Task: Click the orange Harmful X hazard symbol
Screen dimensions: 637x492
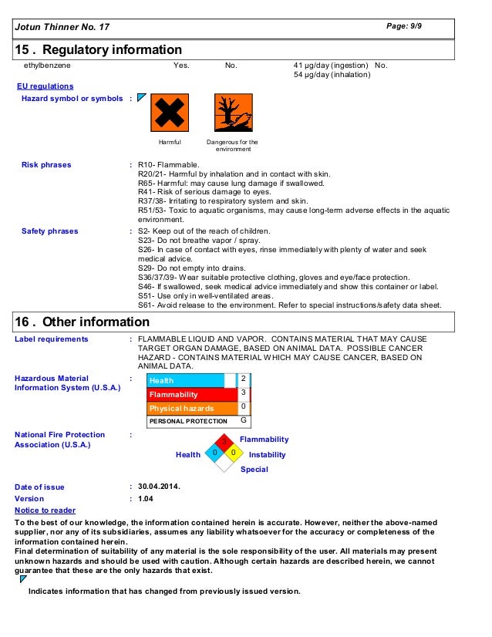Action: pos(169,113)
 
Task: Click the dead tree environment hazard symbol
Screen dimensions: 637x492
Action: pos(233,113)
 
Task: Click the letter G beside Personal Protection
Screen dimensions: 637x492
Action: pos(243,421)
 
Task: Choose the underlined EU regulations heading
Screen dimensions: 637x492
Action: pos(45,86)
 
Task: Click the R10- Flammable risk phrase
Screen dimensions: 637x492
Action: pos(168,165)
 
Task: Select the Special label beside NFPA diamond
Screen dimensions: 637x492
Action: pos(254,469)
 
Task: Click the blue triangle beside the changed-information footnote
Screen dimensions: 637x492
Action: pos(23,578)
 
